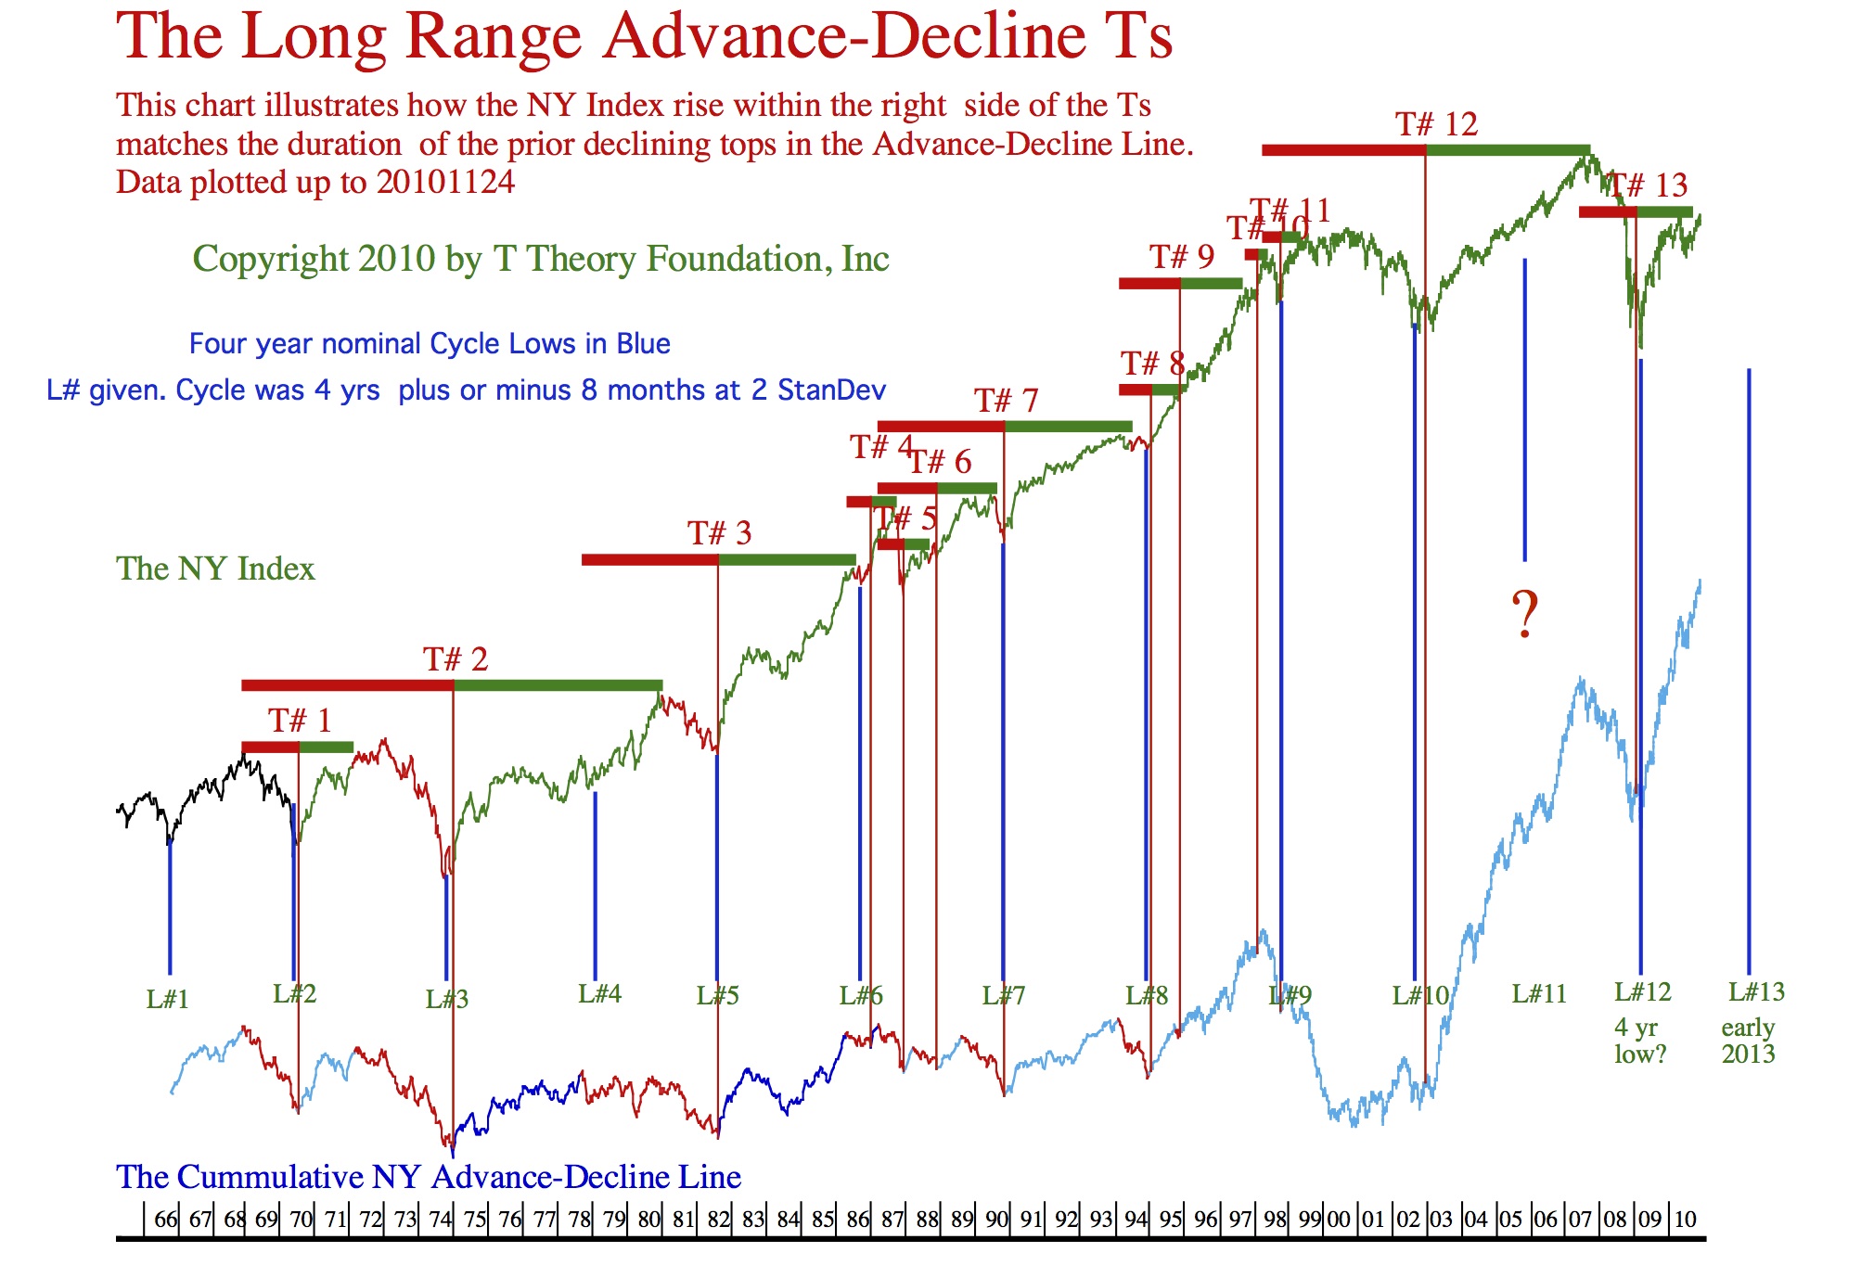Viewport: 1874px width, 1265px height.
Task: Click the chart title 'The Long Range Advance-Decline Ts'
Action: (x=644, y=37)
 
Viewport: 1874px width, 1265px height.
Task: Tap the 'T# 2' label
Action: (x=456, y=659)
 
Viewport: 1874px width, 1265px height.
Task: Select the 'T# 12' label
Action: (x=1436, y=124)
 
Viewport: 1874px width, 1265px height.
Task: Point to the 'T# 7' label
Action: (x=1006, y=401)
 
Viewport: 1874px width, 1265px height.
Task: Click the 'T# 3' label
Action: (x=719, y=533)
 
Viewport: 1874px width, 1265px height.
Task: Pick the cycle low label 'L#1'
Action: (x=168, y=1000)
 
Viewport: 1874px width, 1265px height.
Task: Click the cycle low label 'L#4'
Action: (x=599, y=994)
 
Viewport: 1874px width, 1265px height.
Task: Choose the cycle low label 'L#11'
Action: (x=1539, y=994)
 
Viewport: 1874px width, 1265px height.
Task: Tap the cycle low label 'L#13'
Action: (x=1756, y=992)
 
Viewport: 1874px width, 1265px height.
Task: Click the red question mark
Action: (x=1524, y=613)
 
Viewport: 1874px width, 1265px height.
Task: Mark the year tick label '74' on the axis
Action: (x=440, y=1220)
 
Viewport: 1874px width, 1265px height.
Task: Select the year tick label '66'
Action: (x=165, y=1220)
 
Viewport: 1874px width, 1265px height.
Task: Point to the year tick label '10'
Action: (x=1685, y=1220)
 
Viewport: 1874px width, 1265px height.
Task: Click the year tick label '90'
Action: (x=996, y=1220)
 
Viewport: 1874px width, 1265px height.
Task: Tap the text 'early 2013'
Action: (x=1748, y=1041)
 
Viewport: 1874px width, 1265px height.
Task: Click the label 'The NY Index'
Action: (x=215, y=569)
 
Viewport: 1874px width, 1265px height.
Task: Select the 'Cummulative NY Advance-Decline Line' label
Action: (x=429, y=1177)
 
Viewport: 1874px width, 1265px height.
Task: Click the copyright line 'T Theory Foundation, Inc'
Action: (x=691, y=259)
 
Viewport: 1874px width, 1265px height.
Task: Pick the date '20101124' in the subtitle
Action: (x=445, y=182)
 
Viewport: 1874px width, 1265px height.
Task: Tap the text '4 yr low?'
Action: (x=1639, y=1041)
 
